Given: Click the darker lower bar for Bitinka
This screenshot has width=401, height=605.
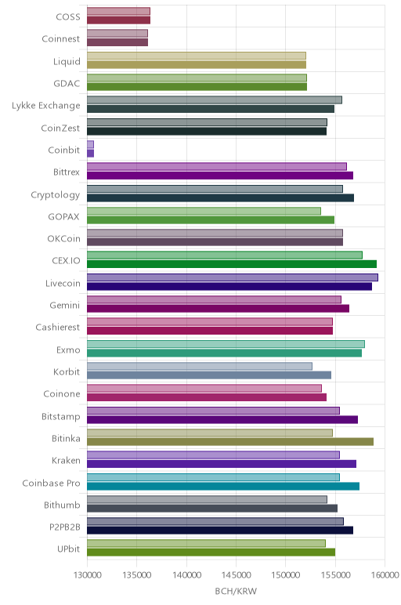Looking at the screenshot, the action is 230,442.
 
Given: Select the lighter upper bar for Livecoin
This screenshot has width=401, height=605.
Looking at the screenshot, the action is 233,277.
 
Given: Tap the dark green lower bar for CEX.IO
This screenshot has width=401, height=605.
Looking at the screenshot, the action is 232,264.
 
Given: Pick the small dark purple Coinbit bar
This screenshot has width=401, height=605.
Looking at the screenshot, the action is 91,153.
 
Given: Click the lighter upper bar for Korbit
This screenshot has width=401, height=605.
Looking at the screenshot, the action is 200,366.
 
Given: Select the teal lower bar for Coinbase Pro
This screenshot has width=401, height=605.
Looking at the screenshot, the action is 223,486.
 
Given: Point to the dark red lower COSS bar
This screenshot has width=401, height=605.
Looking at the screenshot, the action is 119,20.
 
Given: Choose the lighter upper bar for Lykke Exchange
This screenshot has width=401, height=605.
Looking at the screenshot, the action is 215,100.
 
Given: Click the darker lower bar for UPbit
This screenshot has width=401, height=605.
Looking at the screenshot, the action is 211,552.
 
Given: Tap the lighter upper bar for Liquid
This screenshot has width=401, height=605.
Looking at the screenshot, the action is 197,56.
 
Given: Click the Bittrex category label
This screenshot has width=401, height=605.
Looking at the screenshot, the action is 67,172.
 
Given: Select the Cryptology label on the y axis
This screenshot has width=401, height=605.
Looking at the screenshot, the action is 55,194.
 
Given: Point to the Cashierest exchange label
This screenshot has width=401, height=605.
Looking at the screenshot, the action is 58,328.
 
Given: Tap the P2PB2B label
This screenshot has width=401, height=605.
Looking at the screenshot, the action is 65,527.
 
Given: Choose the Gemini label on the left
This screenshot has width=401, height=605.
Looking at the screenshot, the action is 65,305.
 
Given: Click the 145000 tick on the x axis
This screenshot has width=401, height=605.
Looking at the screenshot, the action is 236,575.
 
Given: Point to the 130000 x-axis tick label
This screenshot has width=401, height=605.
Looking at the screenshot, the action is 88,575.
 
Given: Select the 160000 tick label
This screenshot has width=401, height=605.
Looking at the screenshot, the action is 385,575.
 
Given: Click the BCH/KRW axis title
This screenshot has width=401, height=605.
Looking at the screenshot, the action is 236,591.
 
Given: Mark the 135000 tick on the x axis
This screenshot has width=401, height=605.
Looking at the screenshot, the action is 137,575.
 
